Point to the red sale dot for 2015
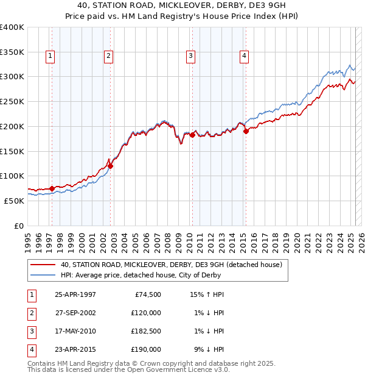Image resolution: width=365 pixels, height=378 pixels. pyautogui.click(x=246, y=130)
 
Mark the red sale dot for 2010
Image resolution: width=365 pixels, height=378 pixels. pyautogui.click(x=192, y=135)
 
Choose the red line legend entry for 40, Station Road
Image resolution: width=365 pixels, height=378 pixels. pyautogui.click(x=171, y=265)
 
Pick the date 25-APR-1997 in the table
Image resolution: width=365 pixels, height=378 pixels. pyautogui.click(x=75, y=294)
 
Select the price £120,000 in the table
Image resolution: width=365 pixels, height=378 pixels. pyautogui.click(x=146, y=313)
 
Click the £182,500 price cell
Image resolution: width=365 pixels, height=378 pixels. pyautogui.click(x=146, y=331)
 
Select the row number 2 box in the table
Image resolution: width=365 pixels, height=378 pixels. pyautogui.click(x=30, y=313)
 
